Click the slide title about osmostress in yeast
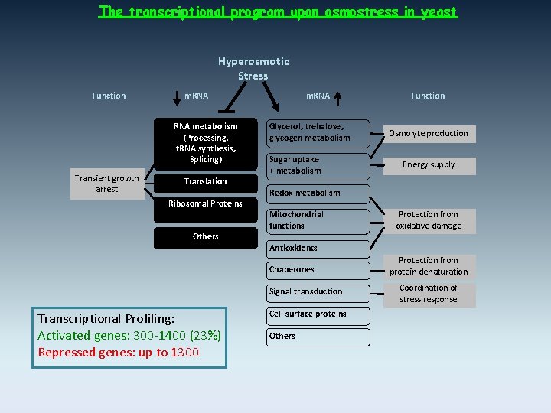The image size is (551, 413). tap(279, 12)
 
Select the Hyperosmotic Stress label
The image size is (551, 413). tap(253, 68)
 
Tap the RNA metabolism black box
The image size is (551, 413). tap(205, 143)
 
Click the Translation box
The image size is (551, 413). tap(205, 181)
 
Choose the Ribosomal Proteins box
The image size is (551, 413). tap(205, 203)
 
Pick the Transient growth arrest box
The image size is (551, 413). tap(107, 184)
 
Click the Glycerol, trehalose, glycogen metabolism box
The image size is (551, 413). tap(318, 132)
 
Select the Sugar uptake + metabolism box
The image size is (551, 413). tap(318, 165)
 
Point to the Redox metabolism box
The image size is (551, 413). tap(318, 193)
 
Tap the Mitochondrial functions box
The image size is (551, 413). tap(318, 220)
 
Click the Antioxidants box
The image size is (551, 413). tap(318, 248)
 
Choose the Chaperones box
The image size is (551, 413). tap(318, 269)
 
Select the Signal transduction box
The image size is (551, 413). tap(318, 291)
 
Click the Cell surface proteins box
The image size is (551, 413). tap(318, 314)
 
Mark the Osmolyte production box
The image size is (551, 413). tap(429, 133)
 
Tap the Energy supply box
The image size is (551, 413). tap(429, 165)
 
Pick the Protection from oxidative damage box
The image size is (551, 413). tap(429, 220)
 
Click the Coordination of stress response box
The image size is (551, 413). tap(429, 294)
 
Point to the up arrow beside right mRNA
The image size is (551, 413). tap(340, 96)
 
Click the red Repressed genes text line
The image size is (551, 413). tap(119, 353)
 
